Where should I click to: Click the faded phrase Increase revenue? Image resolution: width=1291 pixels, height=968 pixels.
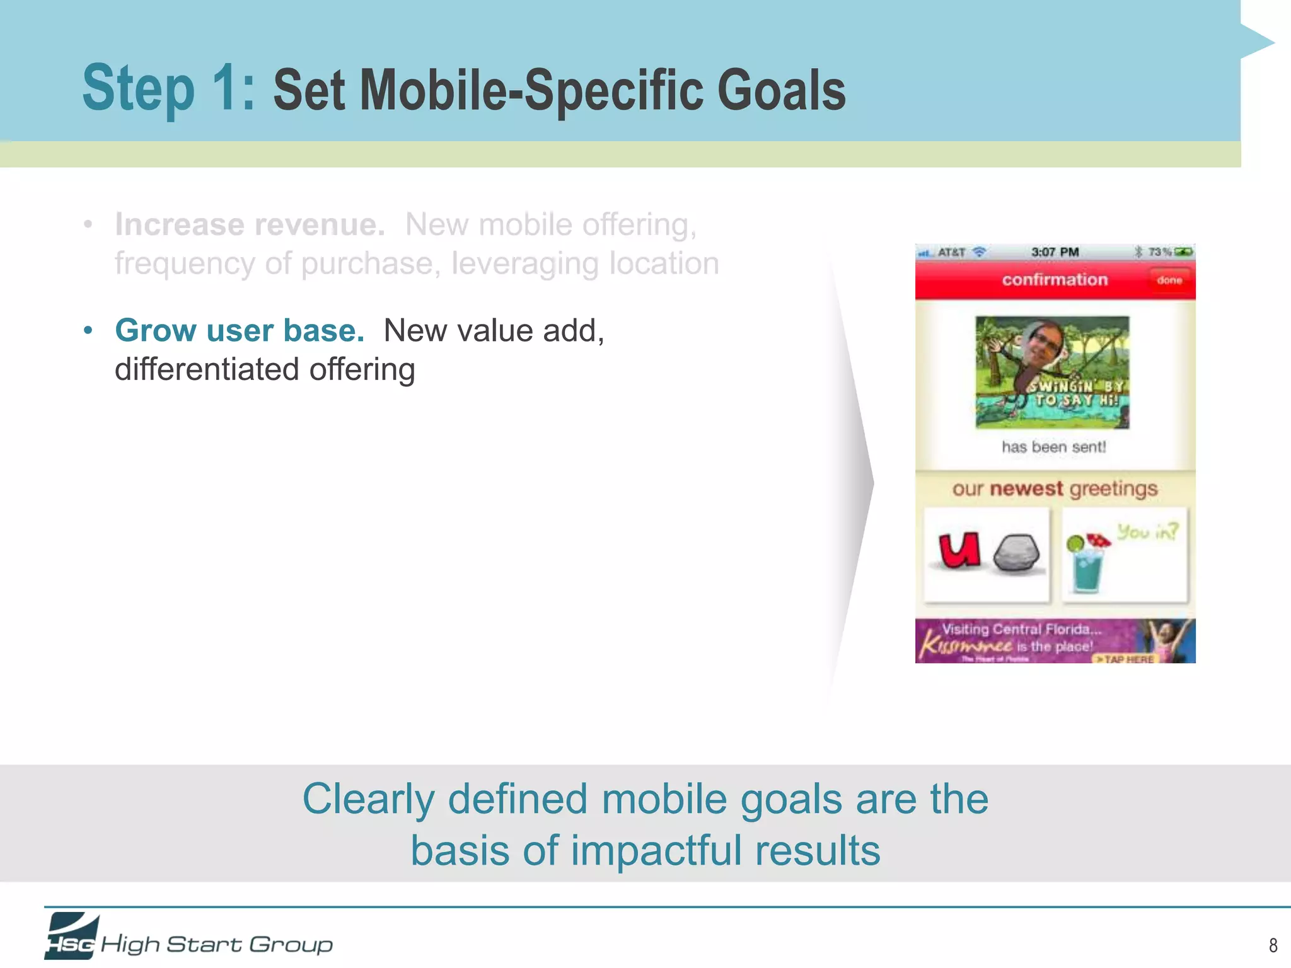point(250,224)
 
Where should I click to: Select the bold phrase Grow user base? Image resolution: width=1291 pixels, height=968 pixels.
point(240,330)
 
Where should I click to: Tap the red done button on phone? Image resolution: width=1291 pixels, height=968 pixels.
point(1169,280)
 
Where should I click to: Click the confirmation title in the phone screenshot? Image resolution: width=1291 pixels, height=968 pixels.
point(1055,279)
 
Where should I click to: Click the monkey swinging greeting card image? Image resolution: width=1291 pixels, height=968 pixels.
point(1052,372)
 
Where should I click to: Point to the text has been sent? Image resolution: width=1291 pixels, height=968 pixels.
point(1053,447)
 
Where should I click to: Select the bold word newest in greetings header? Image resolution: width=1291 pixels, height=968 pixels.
point(1026,488)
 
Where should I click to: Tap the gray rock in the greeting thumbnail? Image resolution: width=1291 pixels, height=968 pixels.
point(1016,554)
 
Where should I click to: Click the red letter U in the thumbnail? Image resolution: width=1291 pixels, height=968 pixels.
point(959,550)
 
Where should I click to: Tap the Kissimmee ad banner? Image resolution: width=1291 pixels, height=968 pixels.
point(1055,641)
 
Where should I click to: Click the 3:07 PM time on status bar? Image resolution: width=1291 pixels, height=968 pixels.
point(1055,252)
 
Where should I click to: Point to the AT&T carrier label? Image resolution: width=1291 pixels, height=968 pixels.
point(951,252)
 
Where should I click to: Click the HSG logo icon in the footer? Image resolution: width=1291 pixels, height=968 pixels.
point(71,936)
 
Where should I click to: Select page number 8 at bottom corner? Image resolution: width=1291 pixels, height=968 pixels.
point(1273,945)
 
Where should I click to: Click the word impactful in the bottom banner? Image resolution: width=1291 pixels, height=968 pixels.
point(656,850)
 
